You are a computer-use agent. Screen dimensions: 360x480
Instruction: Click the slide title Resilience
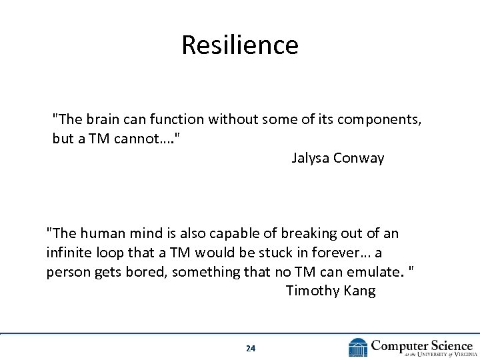click(240, 45)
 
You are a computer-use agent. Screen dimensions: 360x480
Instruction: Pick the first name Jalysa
click(312, 159)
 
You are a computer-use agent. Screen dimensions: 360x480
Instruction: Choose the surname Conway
click(361, 159)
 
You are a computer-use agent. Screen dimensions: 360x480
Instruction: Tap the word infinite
click(69, 253)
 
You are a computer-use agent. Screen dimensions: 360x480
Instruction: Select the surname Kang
click(361, 291)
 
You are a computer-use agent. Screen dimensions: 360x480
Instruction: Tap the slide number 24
click(250, 348)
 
